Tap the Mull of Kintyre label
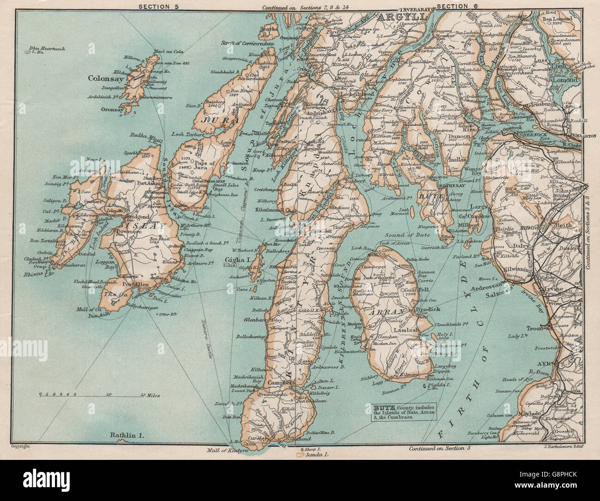coord(226,449)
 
